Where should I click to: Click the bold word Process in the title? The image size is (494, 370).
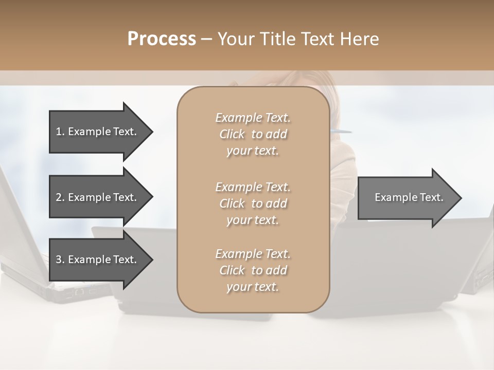(162, 39)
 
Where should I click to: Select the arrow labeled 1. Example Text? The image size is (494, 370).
(96, 132)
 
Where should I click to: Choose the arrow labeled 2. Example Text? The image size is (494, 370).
(96, 197)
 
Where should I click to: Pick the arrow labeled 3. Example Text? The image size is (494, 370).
(96, 260)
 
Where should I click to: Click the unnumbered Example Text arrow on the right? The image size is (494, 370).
(409, 197)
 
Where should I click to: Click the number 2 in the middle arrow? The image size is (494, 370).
(59, 197)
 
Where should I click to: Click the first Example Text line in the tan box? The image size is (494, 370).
(253, 118)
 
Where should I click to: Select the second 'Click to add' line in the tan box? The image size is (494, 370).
(253, 203)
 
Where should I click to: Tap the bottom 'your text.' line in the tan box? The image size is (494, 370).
(253, 287)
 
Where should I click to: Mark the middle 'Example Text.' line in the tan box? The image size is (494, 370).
(253, 187)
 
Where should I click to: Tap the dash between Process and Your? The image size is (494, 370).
(207, 39)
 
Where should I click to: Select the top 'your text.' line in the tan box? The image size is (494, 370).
(253, 151)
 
